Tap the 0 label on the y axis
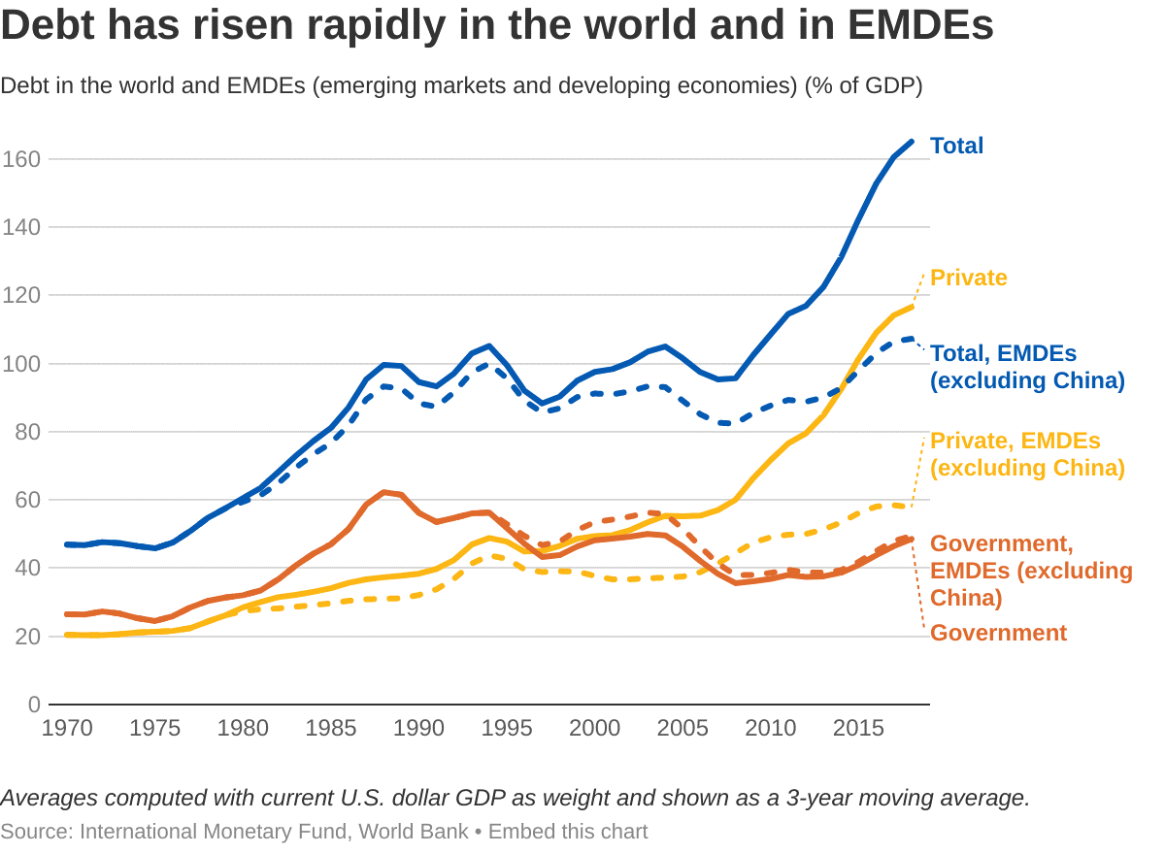click(x=32, y=705)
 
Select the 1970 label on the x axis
click(x=67, y=728)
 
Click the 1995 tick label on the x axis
click(x=507, y=728)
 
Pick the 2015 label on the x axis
click(x=858, y=728)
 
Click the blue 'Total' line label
click(x=956, y=146)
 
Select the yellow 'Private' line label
click(x=968, y=278)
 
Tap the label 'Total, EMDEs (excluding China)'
click(x=1026, y=367)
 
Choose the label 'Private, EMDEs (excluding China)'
click(x=1026, y=454)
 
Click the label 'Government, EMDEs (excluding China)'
click(x=1030, y=571)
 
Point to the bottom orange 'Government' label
click(x=998, y=634)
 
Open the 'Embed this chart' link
click(x=568, y=832)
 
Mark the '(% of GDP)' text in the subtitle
click(x=863, y=85)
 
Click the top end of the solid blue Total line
click(x=912, y=142)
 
